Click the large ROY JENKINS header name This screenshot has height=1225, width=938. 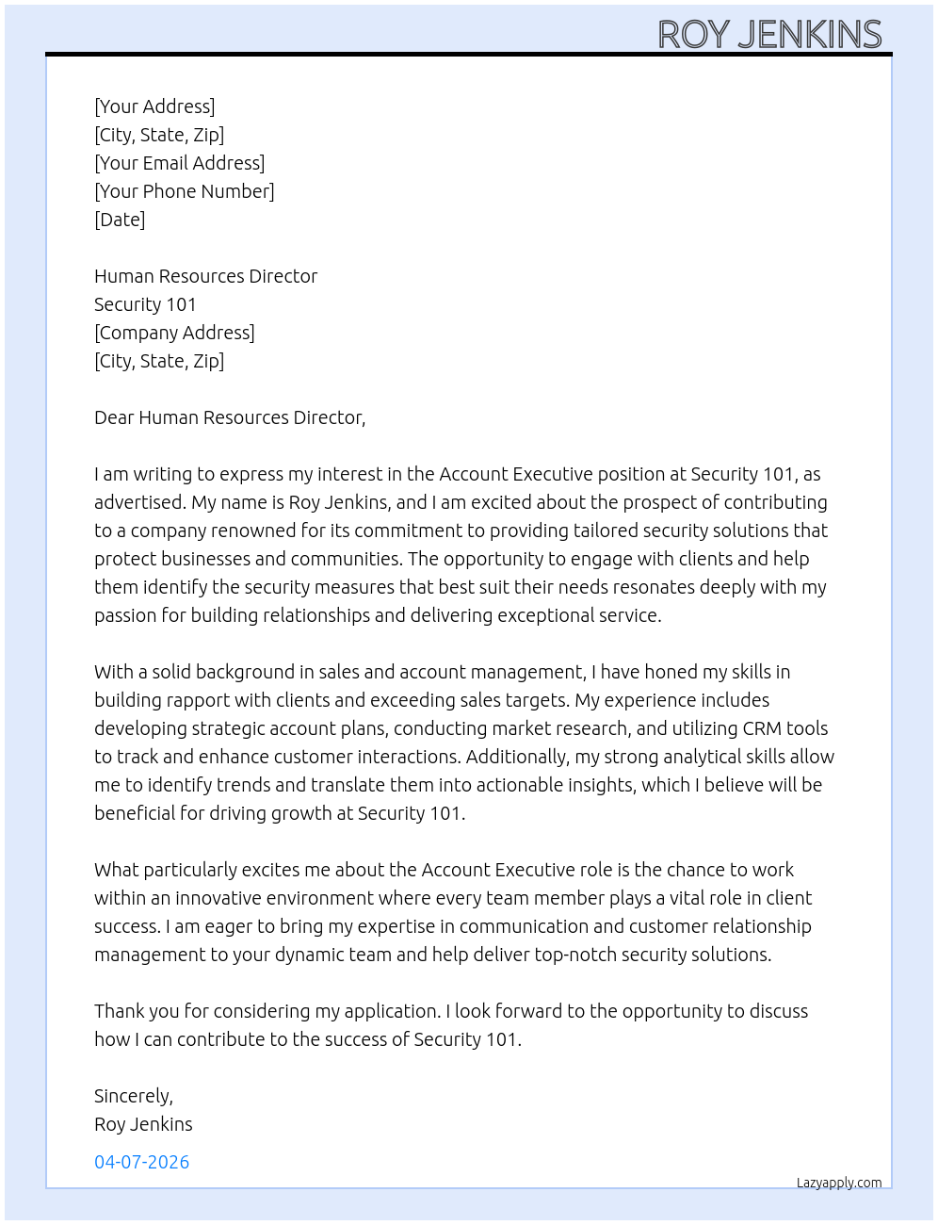[x=769, y=35]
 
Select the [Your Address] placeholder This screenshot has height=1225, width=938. [x=154, y=106]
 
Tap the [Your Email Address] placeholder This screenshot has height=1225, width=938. [x=179, y=163]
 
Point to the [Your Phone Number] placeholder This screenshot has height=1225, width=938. [x=184, y=191]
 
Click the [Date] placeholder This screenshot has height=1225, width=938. [x=120, y=220]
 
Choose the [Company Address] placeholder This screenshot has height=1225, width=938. [x=174, y=333]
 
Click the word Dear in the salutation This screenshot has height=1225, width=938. [x=114, y=417]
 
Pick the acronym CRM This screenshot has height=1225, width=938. [x=762, y=728]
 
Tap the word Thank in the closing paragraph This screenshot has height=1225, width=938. [x=119, y=1011]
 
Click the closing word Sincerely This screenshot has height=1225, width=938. [x=133, y=1096]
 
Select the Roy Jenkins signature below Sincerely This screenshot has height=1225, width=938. [x=143, y=1124]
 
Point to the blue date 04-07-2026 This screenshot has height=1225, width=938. [x=141, y=1162]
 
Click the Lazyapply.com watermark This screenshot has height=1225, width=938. [x=838, y=1183]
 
